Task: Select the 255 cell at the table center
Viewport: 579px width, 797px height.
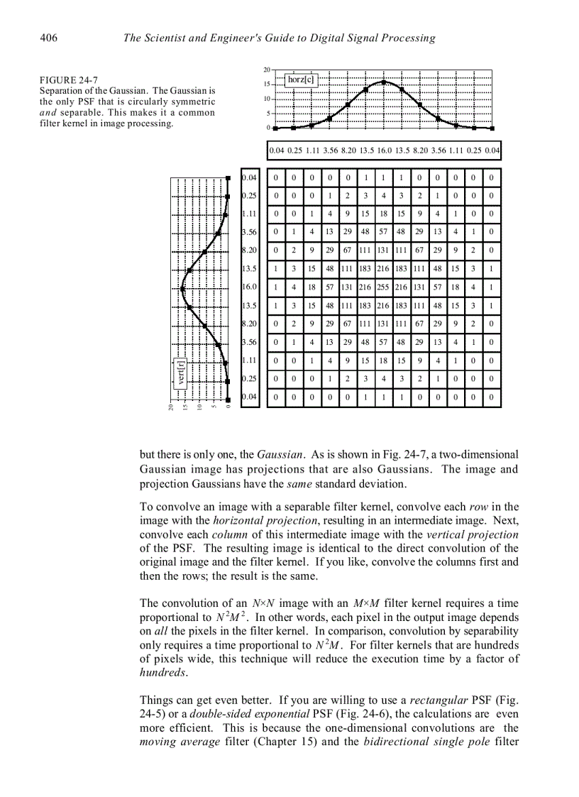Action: point(383,287)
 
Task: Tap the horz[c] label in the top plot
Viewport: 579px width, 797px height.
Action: point(301,79)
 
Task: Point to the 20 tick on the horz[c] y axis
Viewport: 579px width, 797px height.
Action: point(267,70)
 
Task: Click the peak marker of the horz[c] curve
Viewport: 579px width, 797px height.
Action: point(383,82)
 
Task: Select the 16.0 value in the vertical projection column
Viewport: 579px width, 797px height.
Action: point(249,287)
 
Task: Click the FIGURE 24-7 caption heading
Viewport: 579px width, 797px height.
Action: point(68,80)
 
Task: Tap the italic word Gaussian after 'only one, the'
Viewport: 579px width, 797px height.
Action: point(280,454)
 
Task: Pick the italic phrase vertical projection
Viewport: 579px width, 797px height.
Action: point(477,534)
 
